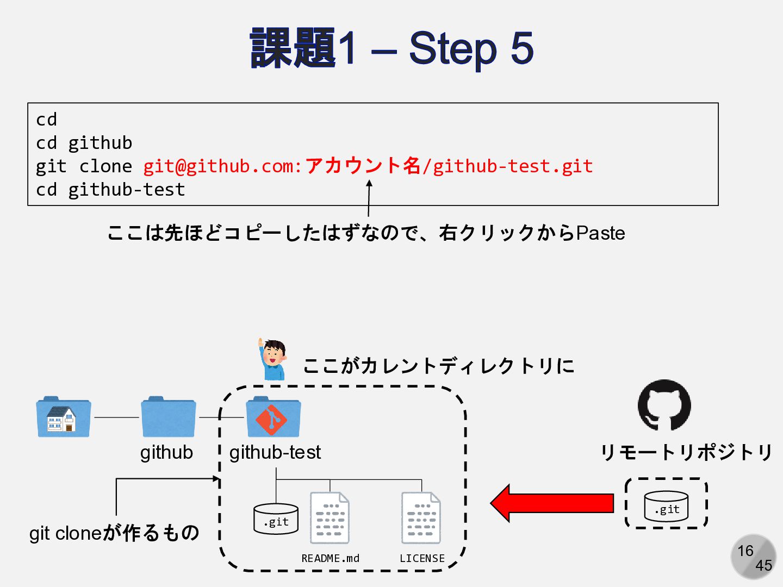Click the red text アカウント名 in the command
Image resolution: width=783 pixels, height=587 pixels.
click(363, 166)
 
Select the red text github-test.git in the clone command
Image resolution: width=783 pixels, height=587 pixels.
click(512, 166)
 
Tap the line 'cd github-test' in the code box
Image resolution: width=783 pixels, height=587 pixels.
click(110, 190)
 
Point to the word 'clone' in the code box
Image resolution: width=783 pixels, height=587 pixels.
click(105, 166)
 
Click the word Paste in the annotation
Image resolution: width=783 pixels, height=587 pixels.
click(600, 233)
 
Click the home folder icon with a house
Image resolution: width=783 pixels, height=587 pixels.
click(63, 417)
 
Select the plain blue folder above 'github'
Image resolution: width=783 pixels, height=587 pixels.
click(168, 417)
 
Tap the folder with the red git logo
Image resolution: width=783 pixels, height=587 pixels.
click(273, 417)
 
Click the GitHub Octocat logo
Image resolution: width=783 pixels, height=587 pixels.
click(664, 405)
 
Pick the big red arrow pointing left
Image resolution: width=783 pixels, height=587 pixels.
click(552, 503)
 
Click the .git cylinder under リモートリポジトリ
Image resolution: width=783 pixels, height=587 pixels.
click(666, 507)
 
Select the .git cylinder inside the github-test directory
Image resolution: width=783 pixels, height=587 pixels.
click(276, 519)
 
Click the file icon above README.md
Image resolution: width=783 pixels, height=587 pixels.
click(330, 517)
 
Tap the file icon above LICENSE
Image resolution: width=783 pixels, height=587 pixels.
click(421, 517)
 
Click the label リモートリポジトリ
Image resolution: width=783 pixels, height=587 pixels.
click(686, 452)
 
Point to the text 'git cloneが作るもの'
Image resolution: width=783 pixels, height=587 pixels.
click(114, 533)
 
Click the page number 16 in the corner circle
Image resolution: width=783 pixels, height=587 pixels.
click(745, 551)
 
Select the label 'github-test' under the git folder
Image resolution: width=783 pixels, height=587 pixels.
click(275, 452)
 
